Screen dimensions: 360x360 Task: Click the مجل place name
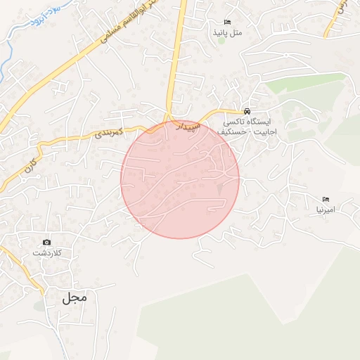point(75,297)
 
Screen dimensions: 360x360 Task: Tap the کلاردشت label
point(48,252)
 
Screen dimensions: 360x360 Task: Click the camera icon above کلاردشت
point(47,243)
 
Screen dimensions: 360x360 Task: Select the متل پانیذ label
point(228,32)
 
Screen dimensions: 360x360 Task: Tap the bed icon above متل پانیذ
point(227,22)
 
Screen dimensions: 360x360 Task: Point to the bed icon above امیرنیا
point(326,200)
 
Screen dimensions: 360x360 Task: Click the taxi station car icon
point(246,112)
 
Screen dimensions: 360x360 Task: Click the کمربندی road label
point(109,131)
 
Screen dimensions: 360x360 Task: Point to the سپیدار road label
point(188,127)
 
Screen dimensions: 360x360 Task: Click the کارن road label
point(30,167)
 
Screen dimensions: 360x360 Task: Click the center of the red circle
point(180,179)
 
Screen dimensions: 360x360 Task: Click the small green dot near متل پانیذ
point(221,40)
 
